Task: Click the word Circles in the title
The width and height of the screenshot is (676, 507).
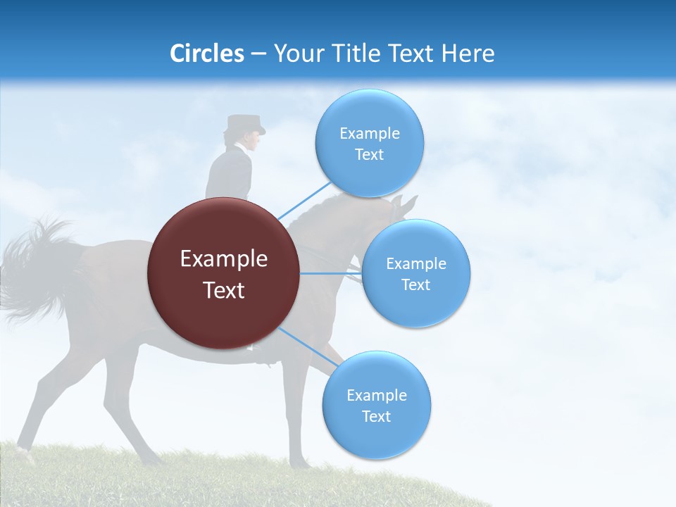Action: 206,54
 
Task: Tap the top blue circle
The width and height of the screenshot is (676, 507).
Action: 369,143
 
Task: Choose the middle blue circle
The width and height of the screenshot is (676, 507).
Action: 415,273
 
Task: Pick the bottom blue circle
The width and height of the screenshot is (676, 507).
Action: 376,405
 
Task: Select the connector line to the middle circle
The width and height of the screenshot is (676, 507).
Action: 331,273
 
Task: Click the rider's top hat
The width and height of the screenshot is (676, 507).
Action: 244,125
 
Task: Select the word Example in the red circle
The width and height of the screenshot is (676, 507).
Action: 224,259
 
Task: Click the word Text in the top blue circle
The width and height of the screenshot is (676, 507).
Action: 369,154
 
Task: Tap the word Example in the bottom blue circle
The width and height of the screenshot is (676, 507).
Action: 376,395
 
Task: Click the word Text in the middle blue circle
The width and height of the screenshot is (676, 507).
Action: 415,284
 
